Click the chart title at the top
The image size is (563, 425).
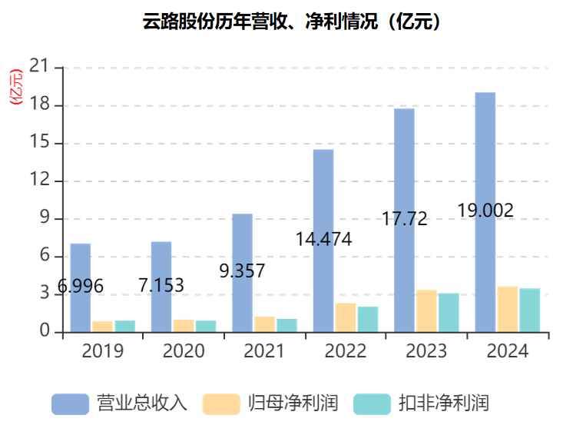292,22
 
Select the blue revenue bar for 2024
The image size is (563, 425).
485,211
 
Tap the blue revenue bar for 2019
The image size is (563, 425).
81,287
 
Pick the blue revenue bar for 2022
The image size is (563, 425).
323,240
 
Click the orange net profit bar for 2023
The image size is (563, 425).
426,310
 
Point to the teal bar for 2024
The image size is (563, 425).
530,310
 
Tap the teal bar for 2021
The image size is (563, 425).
286,325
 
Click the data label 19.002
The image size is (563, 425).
485,211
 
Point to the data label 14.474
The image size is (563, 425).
323,239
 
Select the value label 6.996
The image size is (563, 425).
81,286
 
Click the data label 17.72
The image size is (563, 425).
404,218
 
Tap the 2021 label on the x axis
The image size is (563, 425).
264,351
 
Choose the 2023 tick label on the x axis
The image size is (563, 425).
426,351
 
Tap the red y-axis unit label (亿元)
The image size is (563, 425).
16,87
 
